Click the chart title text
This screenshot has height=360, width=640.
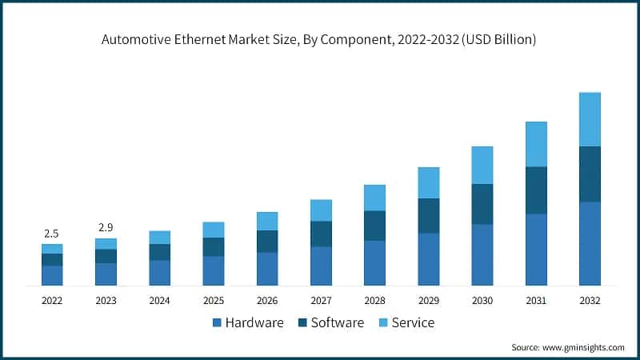coord(318,38)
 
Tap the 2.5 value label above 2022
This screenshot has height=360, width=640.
coord(52,234)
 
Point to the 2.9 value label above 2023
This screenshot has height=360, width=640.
coord(106,228)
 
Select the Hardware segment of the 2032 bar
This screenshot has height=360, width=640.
coord(590,243)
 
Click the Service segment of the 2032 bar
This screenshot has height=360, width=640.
coord(590,119)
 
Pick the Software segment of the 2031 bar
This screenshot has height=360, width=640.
coord(536,190)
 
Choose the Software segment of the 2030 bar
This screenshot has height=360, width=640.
coord(482,204)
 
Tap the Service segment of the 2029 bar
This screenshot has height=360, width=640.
coord(429,182)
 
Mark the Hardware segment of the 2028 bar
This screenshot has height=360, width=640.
coord(374,262)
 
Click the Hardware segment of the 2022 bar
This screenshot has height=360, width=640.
coord(52,275)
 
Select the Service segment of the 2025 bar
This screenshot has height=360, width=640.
coord(214,230)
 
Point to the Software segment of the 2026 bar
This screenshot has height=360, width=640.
coord(267,241)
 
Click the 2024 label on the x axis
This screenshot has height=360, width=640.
coord(159,301)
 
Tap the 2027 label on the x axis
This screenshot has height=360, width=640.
coord(321,301)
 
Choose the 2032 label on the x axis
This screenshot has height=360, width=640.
coord(590,301)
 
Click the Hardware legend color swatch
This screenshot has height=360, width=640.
coord(217,323)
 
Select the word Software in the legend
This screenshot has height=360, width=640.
coord(337,323)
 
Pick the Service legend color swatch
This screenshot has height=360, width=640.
coord(383,323)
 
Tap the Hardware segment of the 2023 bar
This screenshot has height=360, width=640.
coord(106,274)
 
